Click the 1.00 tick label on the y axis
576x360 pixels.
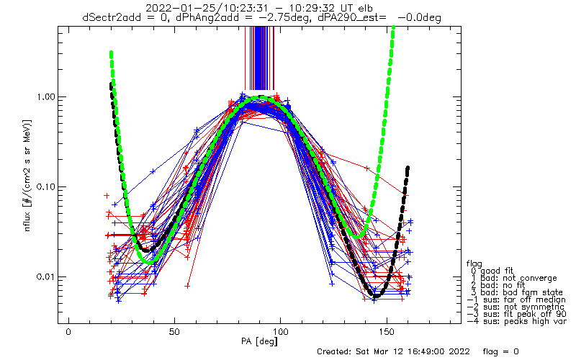pos(45,97)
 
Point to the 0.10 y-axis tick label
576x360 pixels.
pos(45,187)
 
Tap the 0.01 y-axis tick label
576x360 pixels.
pos(45,276)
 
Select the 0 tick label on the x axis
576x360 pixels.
pos(68,332)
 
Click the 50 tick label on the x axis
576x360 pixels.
pos(174,332)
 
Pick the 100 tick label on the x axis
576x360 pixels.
pos(280,332)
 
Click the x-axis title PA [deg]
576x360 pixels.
pos(259,341)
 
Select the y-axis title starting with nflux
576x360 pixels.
pos(28,176)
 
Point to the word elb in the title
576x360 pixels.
pos(365,8)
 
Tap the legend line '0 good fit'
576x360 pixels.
pos(492,271)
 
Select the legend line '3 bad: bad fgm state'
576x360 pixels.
pos(517,292)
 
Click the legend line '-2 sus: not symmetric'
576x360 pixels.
pos(516,307)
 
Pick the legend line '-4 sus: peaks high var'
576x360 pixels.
pos(516,321)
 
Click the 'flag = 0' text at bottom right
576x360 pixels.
pos(500,351)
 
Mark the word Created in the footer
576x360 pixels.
pos(334,351)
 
